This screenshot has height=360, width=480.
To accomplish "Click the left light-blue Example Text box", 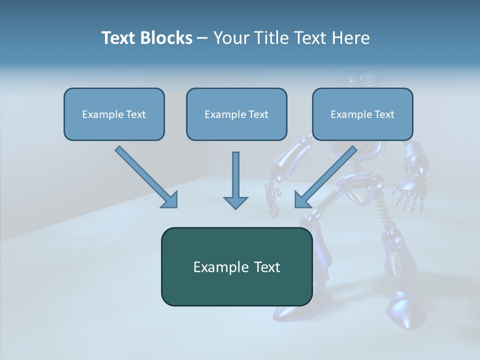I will coord(114,114).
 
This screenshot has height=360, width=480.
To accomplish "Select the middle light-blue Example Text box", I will coord(236,114).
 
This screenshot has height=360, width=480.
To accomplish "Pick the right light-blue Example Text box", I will coord(362,114).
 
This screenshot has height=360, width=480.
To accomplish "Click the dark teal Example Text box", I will coord(236,266).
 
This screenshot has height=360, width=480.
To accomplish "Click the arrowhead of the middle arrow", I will coord(235,201).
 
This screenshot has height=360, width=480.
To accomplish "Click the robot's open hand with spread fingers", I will coord(409,195).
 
